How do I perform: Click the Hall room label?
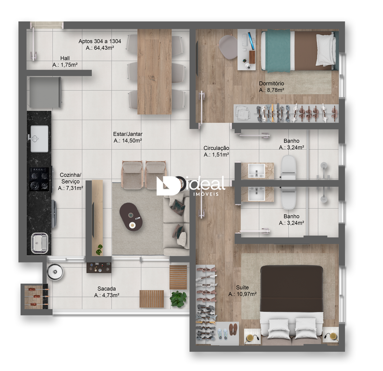coord(65,58)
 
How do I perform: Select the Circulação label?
coord(216,148)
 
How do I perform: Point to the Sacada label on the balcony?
coord(107,289)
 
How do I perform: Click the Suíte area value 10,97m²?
coord(246,294)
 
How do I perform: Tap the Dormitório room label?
coord(271,83)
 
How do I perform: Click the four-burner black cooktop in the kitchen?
coord(39,179)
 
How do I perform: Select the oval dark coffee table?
coord(131,217)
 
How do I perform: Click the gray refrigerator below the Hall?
coord(45,92)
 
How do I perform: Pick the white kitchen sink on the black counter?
coord(39,139)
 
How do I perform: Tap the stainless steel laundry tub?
coord(39,243)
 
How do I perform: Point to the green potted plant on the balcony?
coord(178,299)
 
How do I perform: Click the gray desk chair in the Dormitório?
coord(228,47)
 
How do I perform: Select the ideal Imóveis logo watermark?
coord(191,186)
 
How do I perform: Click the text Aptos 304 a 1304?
coord(100,41)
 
